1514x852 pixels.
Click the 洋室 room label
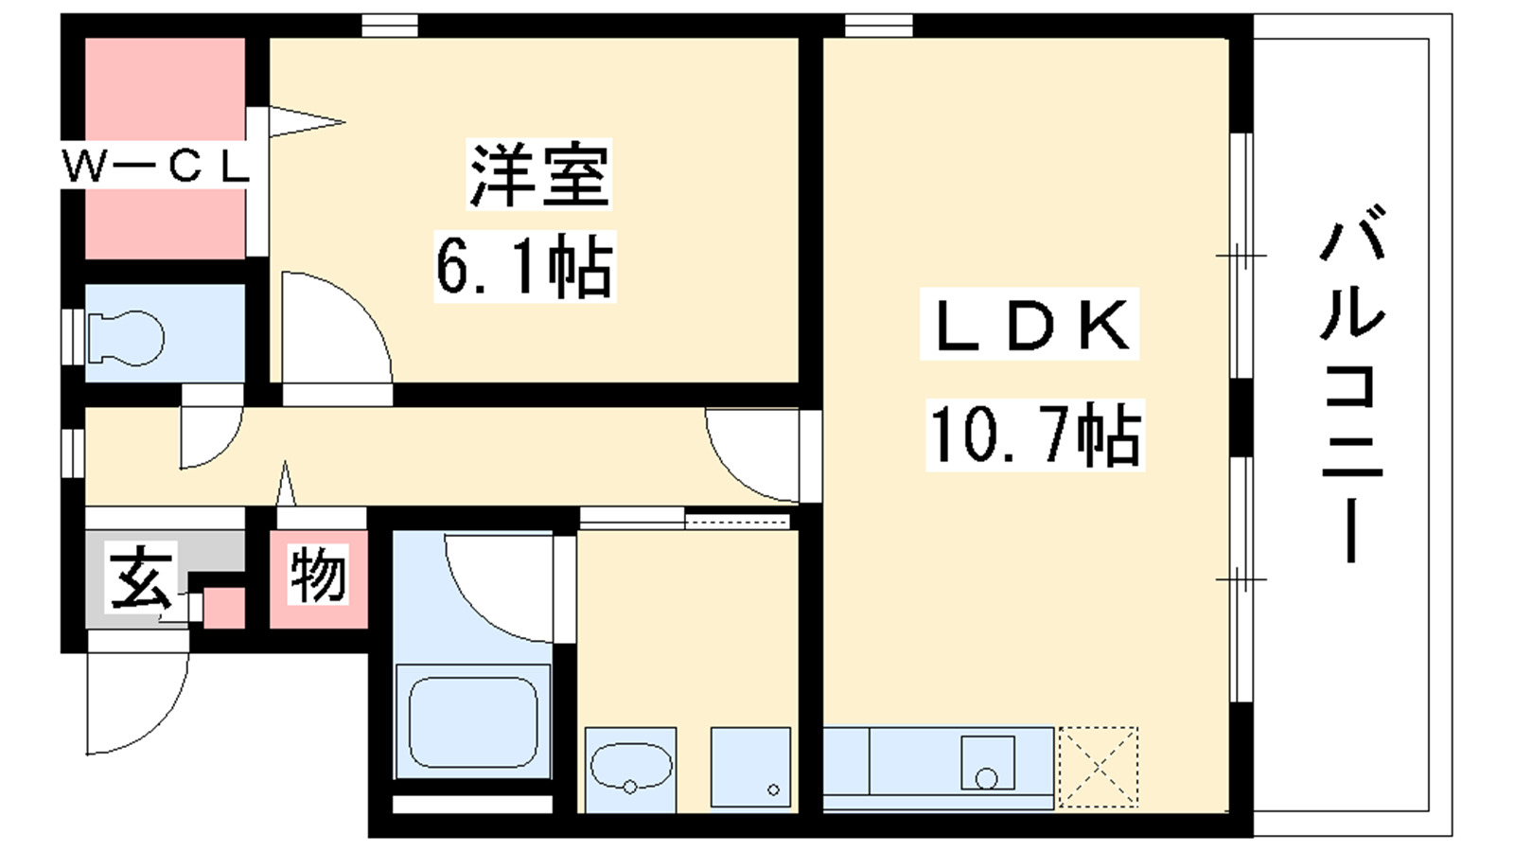(538, 174)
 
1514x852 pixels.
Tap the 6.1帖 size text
(524, 266)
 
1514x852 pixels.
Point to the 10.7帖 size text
(1035, 435)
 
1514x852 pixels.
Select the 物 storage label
(318, 575)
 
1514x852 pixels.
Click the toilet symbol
(126, 338)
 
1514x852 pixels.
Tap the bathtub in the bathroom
(473, 721)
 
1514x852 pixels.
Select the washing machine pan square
(750, 768)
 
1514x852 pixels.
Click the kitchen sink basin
(988, 763)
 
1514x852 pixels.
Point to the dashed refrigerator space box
(1099, 768)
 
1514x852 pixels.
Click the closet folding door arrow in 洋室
(308, 122)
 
